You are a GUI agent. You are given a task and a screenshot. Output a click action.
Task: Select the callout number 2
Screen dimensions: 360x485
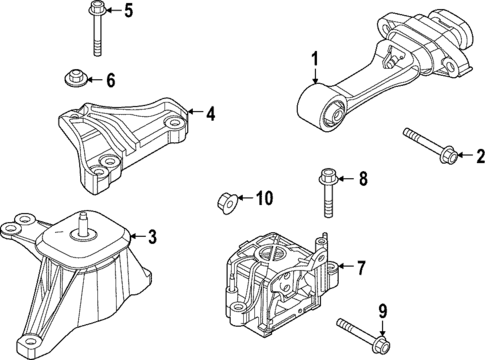pyautogui.click(x=478, y=155)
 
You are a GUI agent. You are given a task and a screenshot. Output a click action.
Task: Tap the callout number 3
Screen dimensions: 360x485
pyautogui.click(x=152, y=237)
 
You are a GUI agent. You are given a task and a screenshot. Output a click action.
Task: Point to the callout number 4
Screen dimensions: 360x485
pyautogui.click(x=210, y=114)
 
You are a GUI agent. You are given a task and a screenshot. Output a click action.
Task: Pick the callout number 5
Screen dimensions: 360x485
pyautogui.click(x=127, y=12)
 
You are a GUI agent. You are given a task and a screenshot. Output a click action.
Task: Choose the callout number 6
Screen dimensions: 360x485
pyautogui.click(x=111, y=80)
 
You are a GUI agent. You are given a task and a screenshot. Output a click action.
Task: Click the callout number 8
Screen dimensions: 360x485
pyautogui.click(x=363, y=180)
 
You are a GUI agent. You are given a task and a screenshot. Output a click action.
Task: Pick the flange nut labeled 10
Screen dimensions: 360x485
pyautogui.click(x=227, y=202)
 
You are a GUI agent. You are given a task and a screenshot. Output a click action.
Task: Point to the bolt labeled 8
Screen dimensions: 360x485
pyautogui.click(x=326, y=196)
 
